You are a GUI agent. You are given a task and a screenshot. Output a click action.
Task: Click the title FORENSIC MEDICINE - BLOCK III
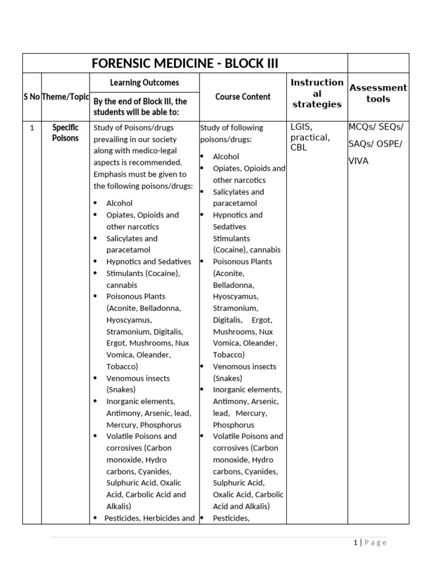pos(185,63)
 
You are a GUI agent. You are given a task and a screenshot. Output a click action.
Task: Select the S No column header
pos(31,97)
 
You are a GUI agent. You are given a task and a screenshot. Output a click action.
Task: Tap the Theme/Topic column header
pos(66,97)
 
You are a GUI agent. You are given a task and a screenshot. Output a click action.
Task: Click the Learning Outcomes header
pos(144,83)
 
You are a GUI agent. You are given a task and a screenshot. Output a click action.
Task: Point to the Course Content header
pos(243,97)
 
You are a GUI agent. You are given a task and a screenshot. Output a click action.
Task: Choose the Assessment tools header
pos(378,94)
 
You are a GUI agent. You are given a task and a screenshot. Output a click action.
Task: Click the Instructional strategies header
pos(317,94)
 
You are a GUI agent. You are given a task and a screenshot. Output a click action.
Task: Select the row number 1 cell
pos(32,128)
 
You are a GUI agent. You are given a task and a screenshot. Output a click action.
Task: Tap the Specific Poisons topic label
pos(65,133)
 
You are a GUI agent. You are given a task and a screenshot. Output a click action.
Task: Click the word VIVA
pos(359,161)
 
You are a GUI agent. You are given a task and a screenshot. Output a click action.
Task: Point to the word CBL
pos(299,148)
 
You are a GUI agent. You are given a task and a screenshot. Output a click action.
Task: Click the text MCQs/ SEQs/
pos(375,127)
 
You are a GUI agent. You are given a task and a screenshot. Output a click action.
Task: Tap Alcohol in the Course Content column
pos(226,156)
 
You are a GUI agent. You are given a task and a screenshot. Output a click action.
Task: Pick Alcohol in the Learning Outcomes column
pos(119,203)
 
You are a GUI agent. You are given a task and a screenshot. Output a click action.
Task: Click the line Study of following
pos(232,128)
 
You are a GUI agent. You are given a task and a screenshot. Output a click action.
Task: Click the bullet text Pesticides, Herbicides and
pos(149,518)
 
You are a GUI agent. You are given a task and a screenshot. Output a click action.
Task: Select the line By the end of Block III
pos(140,101)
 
